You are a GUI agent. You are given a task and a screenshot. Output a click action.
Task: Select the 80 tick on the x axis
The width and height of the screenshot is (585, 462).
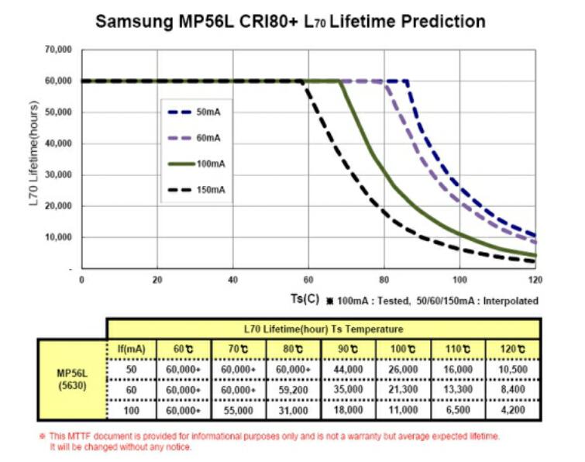(384, 280)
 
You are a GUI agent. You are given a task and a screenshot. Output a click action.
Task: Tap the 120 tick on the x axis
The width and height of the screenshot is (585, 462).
(535, 280)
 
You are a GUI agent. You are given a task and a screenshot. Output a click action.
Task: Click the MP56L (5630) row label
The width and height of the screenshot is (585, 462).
(74, 378)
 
